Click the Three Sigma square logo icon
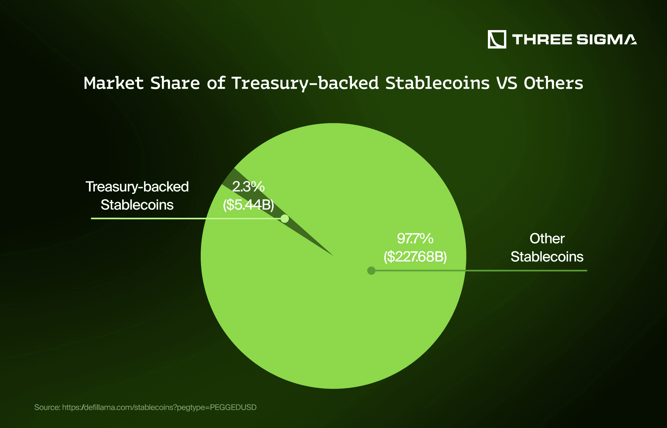[x=497, y=39]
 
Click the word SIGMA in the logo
[x=606, y=39]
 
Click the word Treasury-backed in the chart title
[x=305, y=83]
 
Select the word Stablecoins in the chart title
[x=437, y=83]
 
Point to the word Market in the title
[x=113, y=83]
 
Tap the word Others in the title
[x=553, y=83]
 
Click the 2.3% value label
[x=248, y=187]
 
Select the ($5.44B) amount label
[x=248, y=205]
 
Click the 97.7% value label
[x=415, y=239]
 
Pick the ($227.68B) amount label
[x=415, y=257]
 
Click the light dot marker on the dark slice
[x=285, y=218]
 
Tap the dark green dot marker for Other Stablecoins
[x=371, y=270]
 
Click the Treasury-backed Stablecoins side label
[x=137, y=196]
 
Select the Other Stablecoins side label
[x=547, y=248]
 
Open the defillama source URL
[x=159, y=407]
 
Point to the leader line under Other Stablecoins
[x=526, y=270]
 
